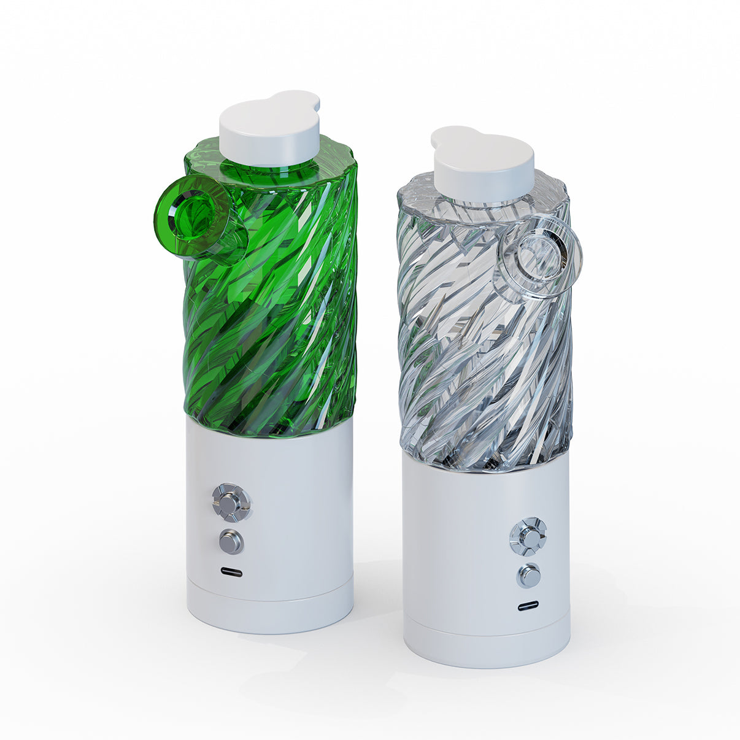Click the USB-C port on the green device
tap(231, 572)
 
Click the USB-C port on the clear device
tap(528, 606)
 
